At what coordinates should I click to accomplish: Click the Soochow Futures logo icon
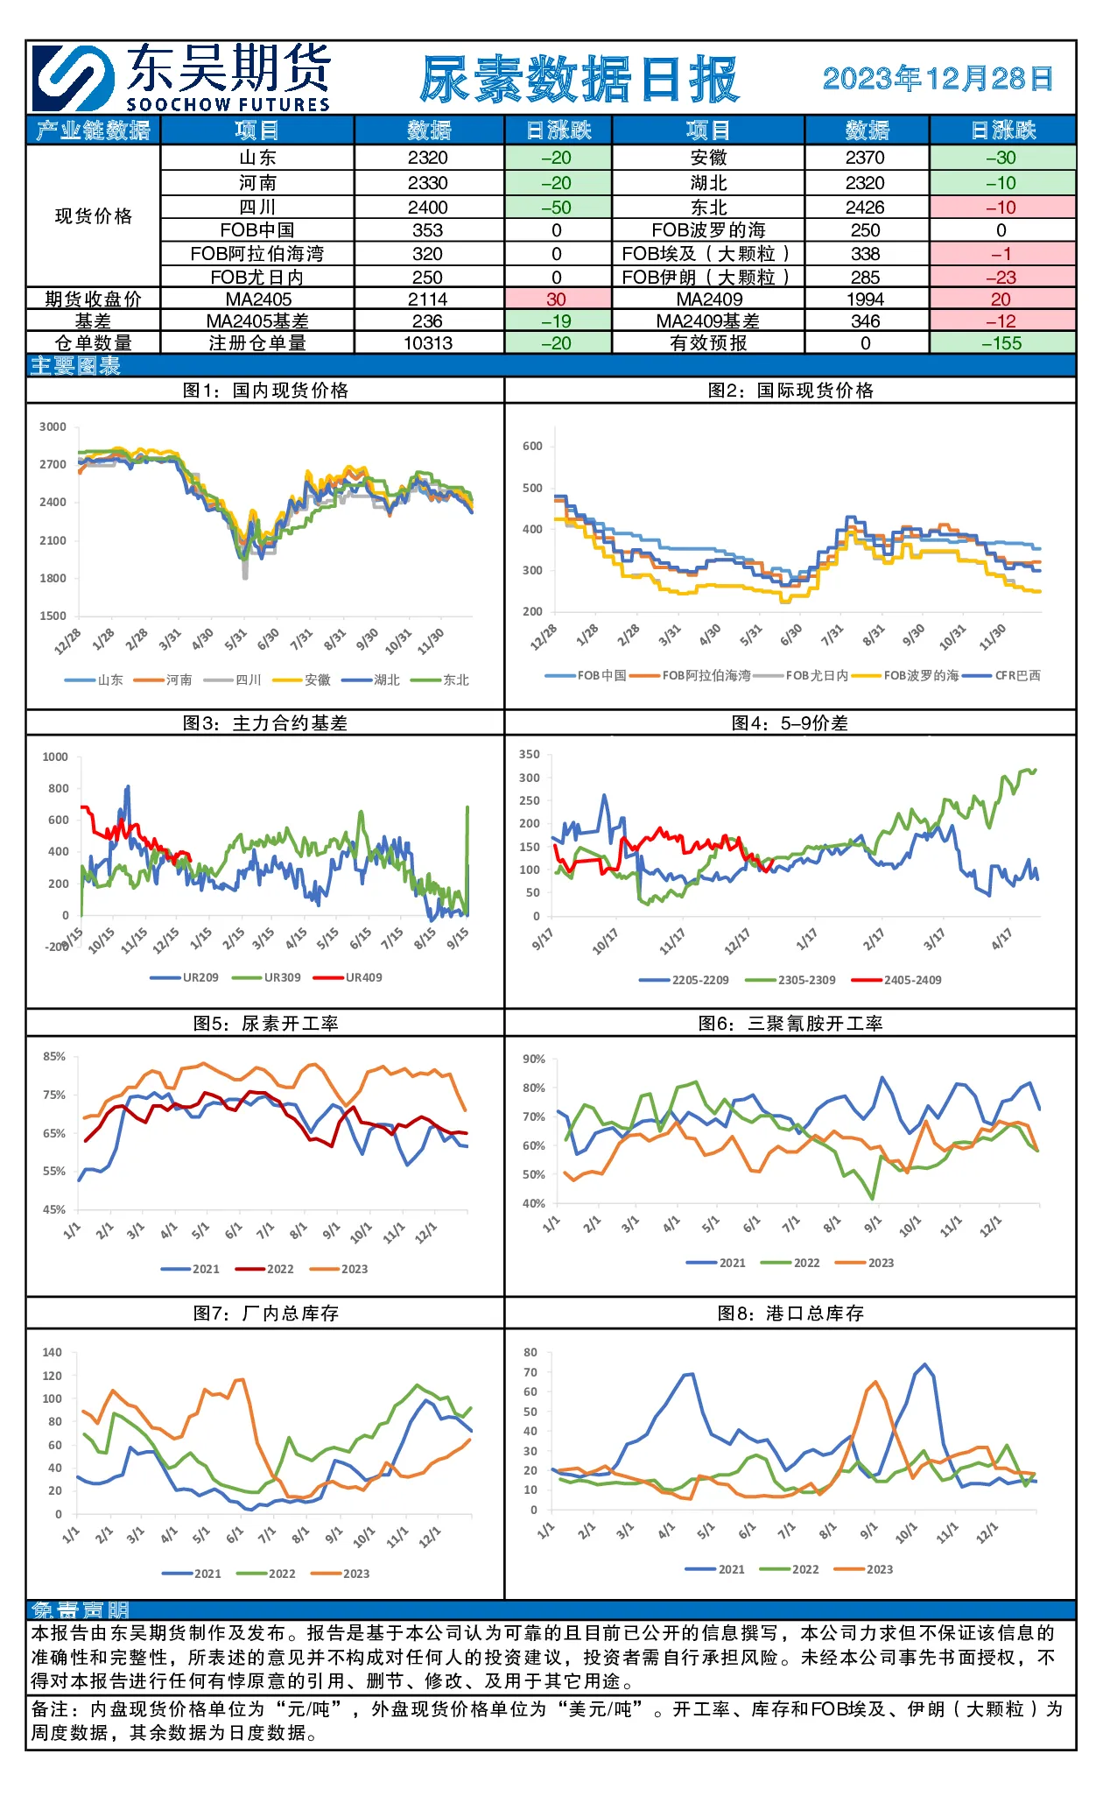click(74, 78)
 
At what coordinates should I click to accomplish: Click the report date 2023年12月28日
click(938, 79)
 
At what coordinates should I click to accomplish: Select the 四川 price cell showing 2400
click(428, 208)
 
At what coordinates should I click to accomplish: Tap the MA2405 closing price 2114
click(428, 299)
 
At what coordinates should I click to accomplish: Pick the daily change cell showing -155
click(1001, 343)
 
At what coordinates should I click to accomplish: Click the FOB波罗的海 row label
click(708, 230)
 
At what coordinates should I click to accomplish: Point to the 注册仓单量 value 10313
click(428, 343)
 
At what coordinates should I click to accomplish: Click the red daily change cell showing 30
click(557, 299)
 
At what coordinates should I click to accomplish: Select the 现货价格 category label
click(94, 216)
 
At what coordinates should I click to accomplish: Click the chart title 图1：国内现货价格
click(265, 391)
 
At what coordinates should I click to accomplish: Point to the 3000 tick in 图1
click(53, 426)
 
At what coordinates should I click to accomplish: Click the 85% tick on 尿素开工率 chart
click(54, 1056)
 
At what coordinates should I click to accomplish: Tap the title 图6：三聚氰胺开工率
click(790, 1024)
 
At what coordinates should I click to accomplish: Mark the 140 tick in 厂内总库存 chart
click(53, 1352)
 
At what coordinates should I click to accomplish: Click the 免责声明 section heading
click(80, 1609)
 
